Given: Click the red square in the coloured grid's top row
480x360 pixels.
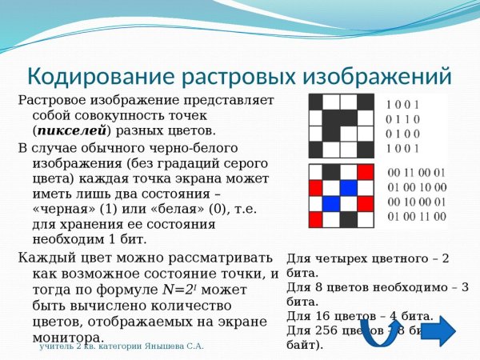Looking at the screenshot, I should (365, 172).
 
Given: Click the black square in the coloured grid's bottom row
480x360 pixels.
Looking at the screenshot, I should (348, 219).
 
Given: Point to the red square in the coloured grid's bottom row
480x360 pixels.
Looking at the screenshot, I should (316, 219).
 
